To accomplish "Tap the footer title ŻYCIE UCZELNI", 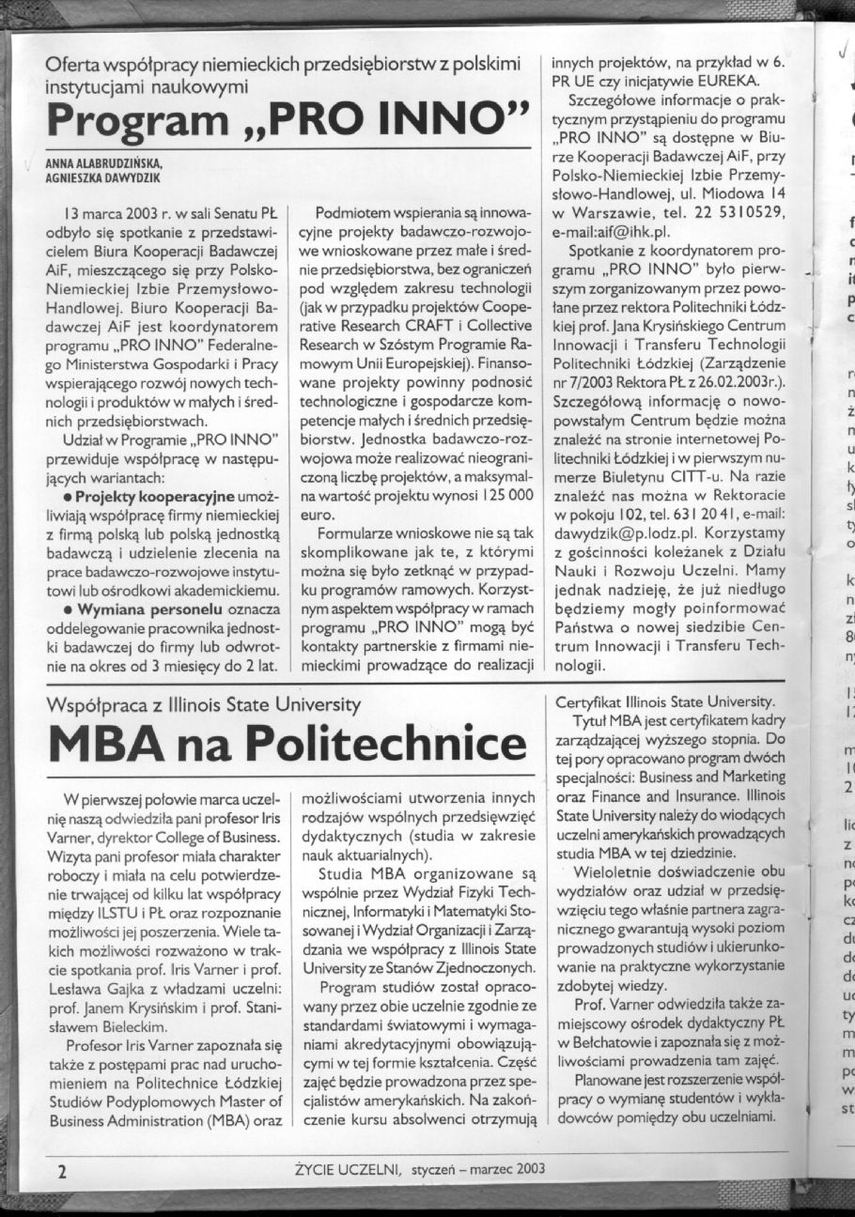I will click(x=347, y=1169).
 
